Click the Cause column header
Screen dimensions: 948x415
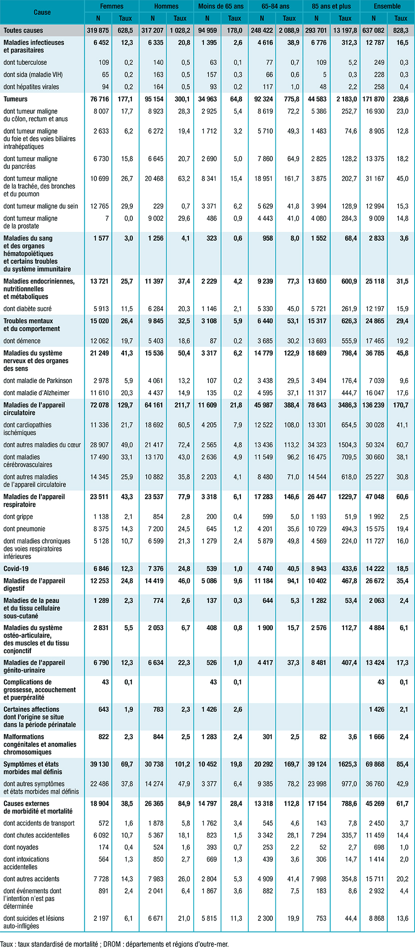[42, 12]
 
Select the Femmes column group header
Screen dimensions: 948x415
[112, 6]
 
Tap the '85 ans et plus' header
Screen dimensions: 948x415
[331, 6]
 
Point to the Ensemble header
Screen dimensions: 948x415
[387, 6]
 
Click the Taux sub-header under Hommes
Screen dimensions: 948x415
[180, 18]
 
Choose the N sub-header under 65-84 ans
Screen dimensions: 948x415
[262, 18]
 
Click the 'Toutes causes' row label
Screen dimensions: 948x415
[23, 31]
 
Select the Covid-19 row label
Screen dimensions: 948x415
[16, 568]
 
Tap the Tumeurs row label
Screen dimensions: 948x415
[16, 99]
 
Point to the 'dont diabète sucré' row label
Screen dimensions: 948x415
[28, 309]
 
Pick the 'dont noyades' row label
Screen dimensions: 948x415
[21, 847]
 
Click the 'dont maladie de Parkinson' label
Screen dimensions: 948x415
[38, 381]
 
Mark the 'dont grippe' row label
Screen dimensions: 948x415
[18, 516]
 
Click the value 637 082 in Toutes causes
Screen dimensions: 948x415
[373, 31]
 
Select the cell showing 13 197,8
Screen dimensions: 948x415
[345, 31]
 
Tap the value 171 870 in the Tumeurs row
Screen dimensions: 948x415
[373, 99]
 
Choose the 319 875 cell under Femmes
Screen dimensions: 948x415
[98, 31]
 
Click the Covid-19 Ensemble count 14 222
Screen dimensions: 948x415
[375, 568]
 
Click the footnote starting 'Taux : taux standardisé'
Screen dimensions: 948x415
[114, 944]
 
